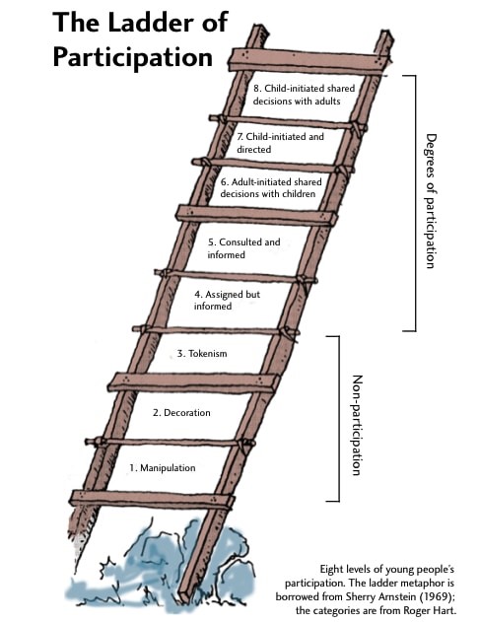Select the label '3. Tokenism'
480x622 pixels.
tap(203, 353)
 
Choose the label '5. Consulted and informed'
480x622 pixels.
tap(243, 248)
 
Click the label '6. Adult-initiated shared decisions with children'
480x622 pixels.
tap(267, 188)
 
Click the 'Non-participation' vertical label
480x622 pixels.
tap(357, 424)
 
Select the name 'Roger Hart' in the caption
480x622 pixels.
tap(436, 613)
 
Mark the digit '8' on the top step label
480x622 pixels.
tap(254, 87)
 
